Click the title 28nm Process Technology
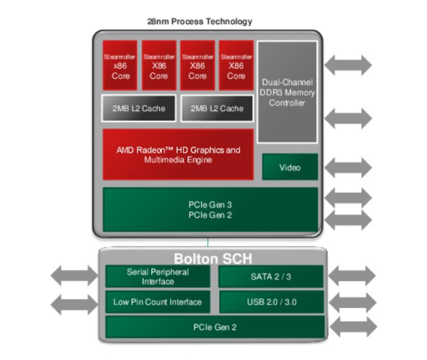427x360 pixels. click(199, 22)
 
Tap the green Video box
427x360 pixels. click(290, 167)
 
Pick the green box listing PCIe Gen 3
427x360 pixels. click(210, 210)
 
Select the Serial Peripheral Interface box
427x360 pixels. click(157, 276)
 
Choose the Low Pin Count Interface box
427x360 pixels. click(157, 302)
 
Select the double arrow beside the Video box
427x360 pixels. click(348, 167)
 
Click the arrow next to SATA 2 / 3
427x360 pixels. click(351, 275)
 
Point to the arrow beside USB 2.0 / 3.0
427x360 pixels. click(351, 302)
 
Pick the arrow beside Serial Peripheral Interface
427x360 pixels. click(74, 276)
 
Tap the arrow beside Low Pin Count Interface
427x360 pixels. click(74, 303)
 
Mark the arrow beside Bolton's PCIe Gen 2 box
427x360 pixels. click(351, 326)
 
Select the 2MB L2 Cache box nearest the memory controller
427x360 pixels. click(216, 108)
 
